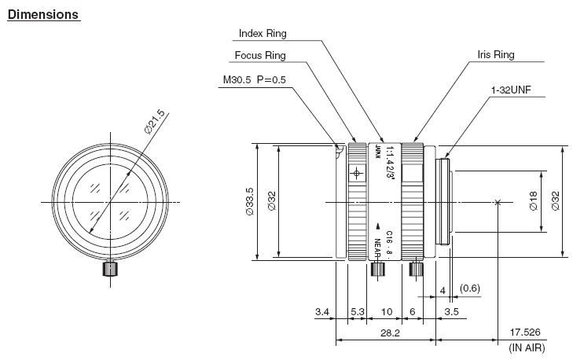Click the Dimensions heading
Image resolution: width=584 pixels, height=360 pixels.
pos(42,15)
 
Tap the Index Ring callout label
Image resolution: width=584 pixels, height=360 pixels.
pos(262,34)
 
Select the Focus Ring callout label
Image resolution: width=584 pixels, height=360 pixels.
pos(260,56)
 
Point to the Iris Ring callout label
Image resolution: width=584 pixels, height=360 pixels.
pos(496,56)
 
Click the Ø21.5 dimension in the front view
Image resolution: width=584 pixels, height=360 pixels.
pos(156,123)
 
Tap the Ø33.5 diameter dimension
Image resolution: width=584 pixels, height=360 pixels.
pos(249,201)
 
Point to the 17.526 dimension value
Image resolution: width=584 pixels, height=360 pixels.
pos(527,332)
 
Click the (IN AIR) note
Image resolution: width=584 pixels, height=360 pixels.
pos(527,347)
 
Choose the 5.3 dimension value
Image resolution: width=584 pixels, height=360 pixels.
pos(357,312)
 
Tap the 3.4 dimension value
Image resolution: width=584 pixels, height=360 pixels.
pos(321,312)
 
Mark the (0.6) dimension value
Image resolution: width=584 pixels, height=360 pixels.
pos(470,289)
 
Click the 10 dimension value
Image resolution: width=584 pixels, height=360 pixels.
pos(385,312)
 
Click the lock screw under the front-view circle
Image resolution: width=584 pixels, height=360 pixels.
pos(110,270)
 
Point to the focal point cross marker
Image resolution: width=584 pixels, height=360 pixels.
pos(498,202)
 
